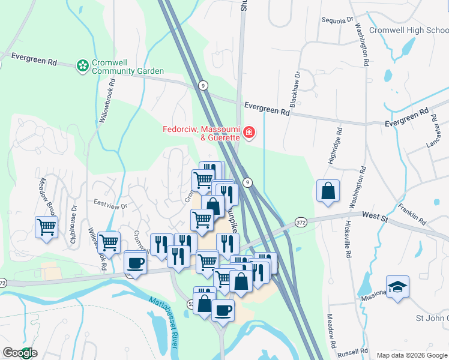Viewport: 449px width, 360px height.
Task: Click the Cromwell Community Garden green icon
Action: click(83, 64)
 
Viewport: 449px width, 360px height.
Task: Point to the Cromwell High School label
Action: click(408, 30)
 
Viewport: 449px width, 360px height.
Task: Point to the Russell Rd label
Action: click(356, 352)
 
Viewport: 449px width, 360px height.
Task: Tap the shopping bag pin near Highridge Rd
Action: click(328, 191)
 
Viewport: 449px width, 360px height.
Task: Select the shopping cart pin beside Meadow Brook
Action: click(46, 227)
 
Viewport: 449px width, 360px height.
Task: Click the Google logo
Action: click(20, 353)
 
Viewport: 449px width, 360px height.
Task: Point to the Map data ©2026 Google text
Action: click(411, 355)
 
